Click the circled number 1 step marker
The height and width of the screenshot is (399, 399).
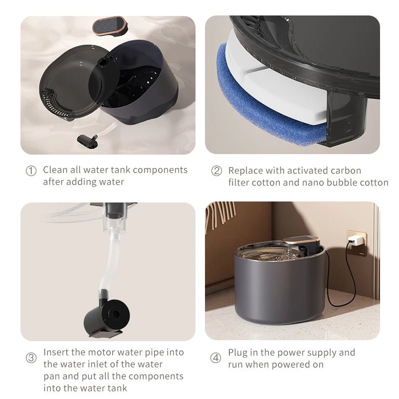pyautogui.click(x=31, y=171)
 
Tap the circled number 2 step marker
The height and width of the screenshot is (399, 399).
pyautogui.click(x=216, y=171)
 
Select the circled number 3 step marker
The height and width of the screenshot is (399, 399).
pyautogui.click(x=31, y=358)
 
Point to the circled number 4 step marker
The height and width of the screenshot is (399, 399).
pyautogui.click(x=215, y=358)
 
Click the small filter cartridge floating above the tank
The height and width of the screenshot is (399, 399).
pyautogui.click(x=108, y=24)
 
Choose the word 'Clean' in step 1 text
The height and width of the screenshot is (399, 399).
pyautogui.click(x=54, y=170)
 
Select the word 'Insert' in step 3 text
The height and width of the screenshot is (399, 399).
pyautogui.click(x=55, y=352)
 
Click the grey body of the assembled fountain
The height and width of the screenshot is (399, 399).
pyautogui.click(x=279, y=289)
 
